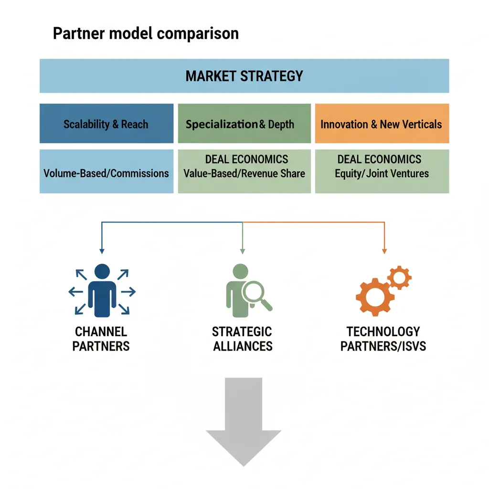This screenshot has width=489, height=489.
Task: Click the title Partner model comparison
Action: (146, 34)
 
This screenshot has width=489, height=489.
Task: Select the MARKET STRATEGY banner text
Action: (244, 76)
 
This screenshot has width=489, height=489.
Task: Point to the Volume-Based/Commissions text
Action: (106, 173)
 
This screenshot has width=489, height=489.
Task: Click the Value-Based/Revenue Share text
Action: (244, 173)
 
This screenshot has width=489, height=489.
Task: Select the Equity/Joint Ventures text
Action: (382, 173)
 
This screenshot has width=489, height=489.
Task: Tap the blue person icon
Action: (102, 291)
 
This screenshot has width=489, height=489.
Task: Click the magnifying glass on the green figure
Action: (255, 295)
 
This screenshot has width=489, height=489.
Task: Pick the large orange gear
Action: (375, 297)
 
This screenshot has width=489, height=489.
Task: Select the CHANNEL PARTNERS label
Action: (101, 339)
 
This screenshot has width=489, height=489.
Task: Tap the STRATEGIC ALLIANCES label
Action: (243, 339)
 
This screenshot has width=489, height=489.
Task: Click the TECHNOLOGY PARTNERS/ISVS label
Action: (383, 339)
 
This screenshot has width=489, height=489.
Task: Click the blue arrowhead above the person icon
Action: (101, 250)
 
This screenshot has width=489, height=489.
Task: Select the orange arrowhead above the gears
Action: (384, 250)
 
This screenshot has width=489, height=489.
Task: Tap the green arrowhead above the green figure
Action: (243, 250)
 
